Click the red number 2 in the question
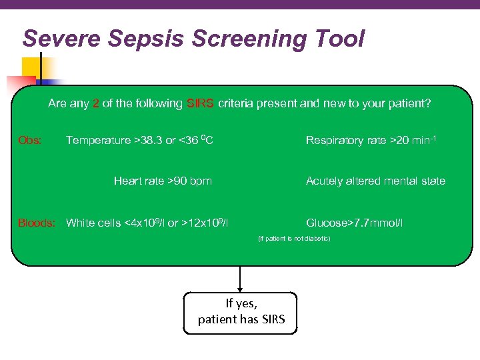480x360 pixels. coord(97,103)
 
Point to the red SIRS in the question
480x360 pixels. coord(201,103)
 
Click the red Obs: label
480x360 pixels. coord(30,141)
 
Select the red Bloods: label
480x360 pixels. coord(37,223)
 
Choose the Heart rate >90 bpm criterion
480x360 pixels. coord(163,181)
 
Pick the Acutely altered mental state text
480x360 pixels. coord(375,181)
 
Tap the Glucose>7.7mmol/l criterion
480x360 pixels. coord(354,223)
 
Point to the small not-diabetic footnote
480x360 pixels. coord(294,238)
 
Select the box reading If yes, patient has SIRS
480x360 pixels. coord(241,312)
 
